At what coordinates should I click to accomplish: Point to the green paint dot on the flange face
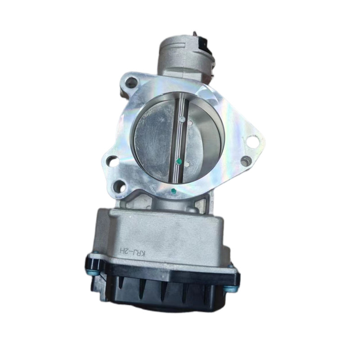pyautogui.click(x=173, y=190)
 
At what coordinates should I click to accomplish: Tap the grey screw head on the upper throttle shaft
pyautogui.click(x=182, y=119)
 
